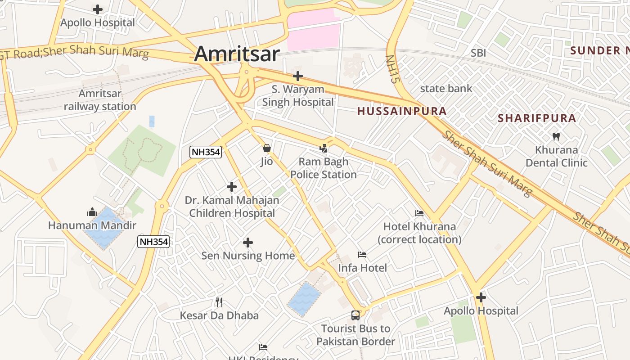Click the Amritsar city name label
(x=237, y=54)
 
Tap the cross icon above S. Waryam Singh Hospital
(x=297, y=76)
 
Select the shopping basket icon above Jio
(x=266, y=148)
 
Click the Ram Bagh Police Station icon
(x=323, y=148)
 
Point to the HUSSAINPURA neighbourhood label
(x=402, y=111)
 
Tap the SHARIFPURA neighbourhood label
(x=537, y=118)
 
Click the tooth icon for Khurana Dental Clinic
(x=556, y=136)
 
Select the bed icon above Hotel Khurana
(x=419, y=213)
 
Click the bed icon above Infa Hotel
(x=362, y=255)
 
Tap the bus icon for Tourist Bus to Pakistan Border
(x=355, y=315)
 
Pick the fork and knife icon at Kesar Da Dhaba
(x=219, y=302)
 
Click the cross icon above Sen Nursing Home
(x=247, y=243)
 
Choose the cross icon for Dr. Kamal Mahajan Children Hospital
(x=232, y=186)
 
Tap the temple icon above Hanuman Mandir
(x=92, y=212)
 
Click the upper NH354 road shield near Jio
(x=206, y=152)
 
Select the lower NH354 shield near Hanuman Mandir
(x=153, y=242)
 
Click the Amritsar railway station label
(x=100, y=100)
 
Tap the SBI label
(x=478, y=53)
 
